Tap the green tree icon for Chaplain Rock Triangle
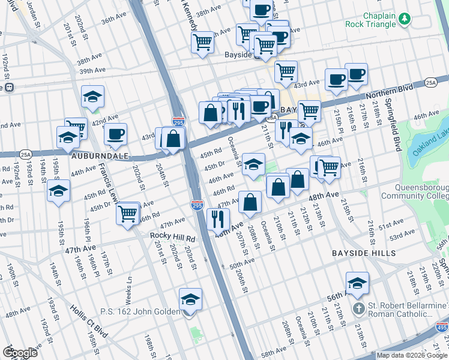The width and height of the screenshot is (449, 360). [x=405, y=19]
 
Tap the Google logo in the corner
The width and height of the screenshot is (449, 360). [x=22, y=353]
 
